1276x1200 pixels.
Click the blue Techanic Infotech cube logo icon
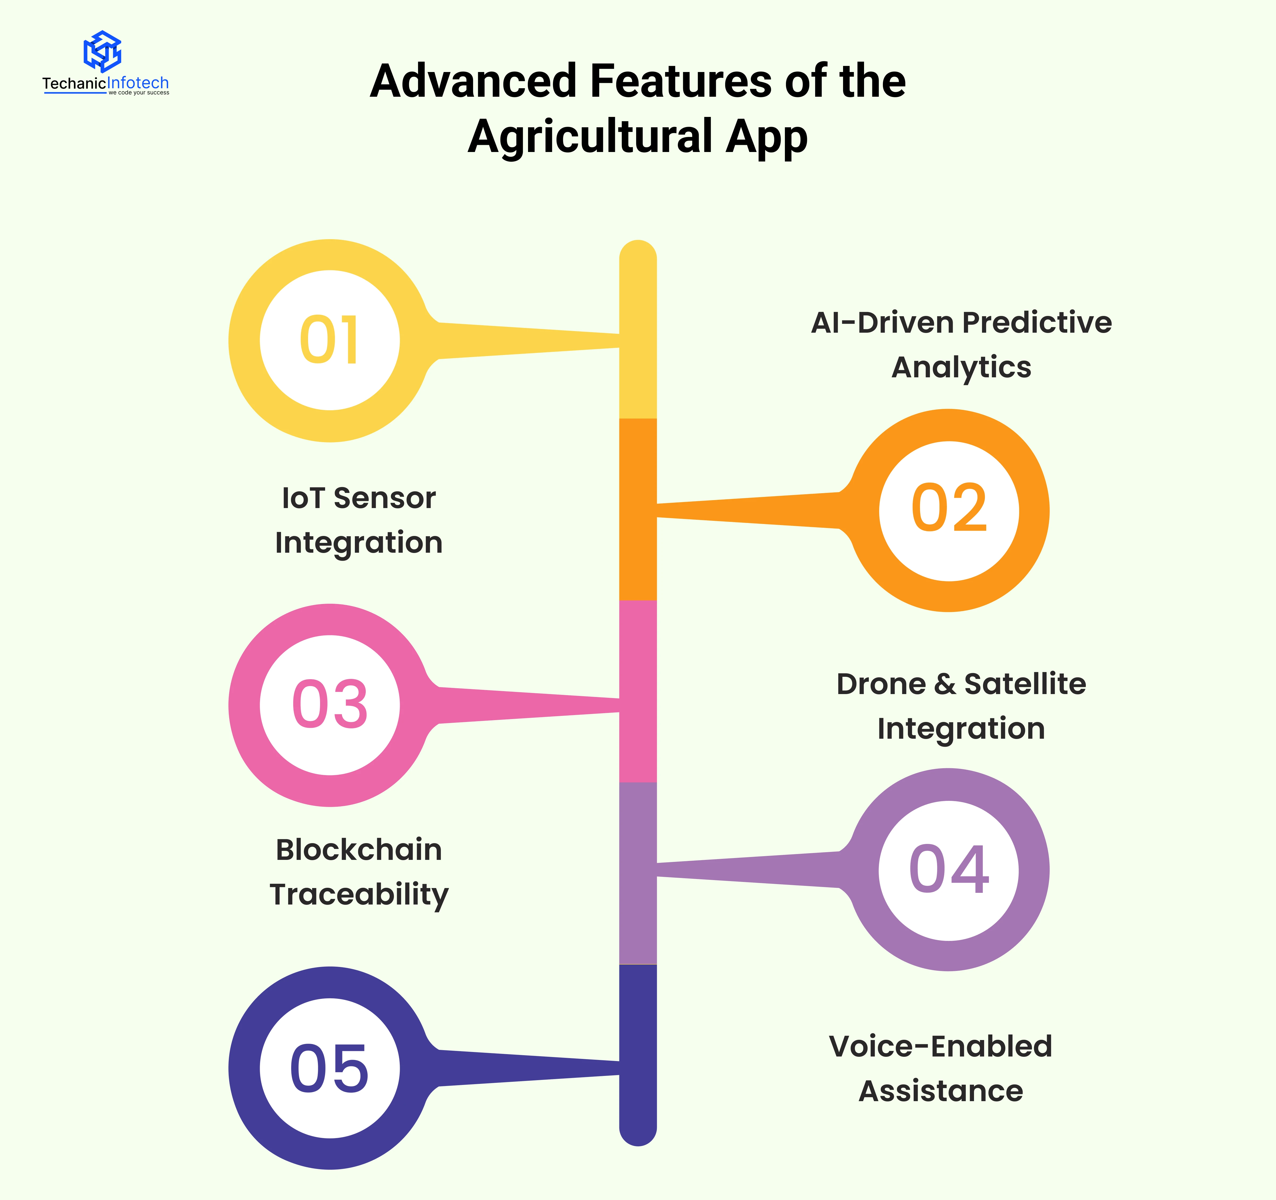click(103, 51)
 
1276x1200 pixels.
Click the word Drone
click(881, 684)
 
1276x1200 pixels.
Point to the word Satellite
click(1025, 684)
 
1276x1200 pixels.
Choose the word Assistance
click(941, 1091)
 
